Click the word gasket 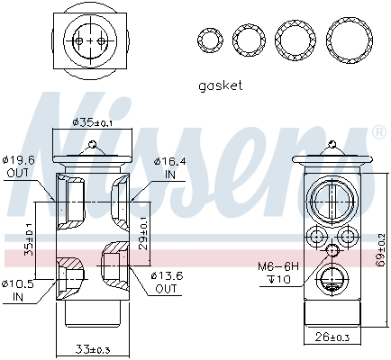pos(220,85)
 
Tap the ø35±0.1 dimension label pos(92,122)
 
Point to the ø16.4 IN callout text pos(170,168)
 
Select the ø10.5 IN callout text pos(18,290)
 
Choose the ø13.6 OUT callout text pos(167,283)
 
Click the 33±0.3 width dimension pos(93,349)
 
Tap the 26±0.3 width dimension pos(332,337)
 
